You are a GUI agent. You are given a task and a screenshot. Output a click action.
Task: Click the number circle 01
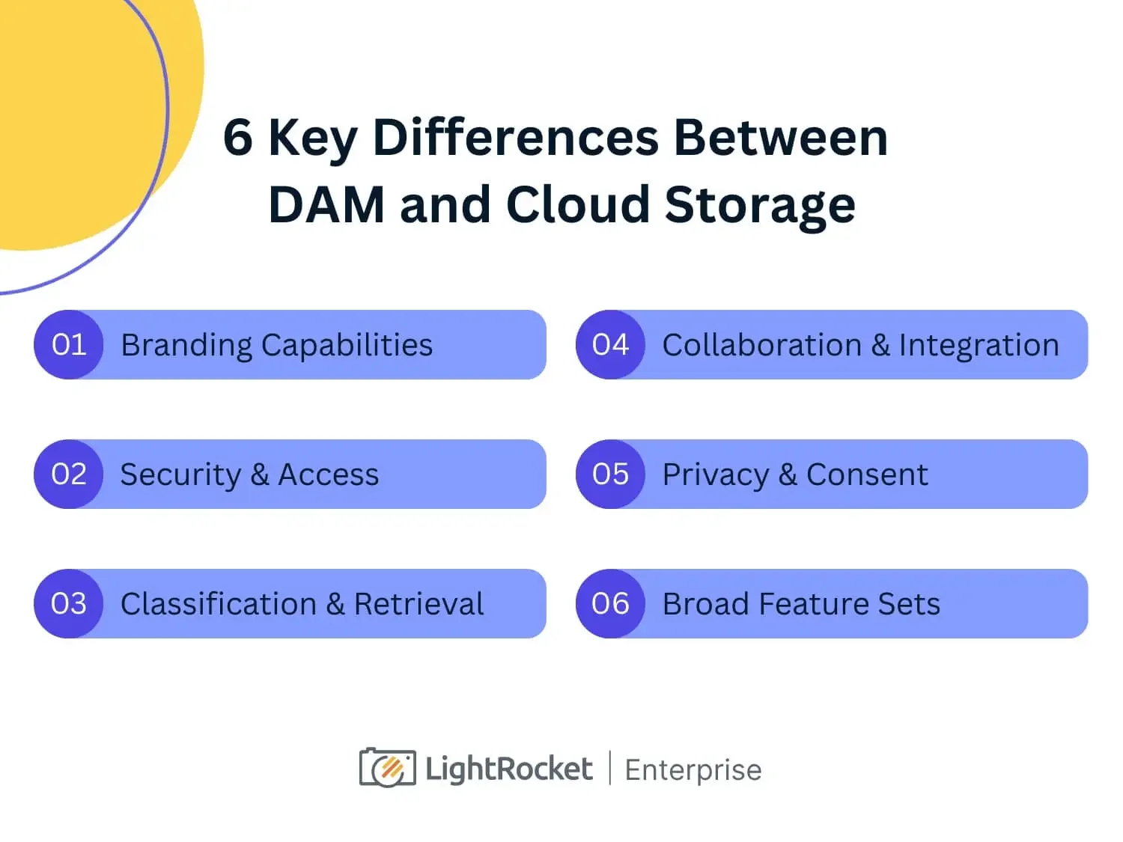68,345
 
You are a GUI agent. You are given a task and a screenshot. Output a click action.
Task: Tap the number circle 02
68,475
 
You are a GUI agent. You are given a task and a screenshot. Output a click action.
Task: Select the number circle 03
68,604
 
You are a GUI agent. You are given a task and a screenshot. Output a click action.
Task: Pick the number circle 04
610,345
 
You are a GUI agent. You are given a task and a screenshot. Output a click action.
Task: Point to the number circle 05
610,475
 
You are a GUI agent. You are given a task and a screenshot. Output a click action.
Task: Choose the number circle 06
610,604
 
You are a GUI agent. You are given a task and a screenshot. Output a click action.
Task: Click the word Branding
186,346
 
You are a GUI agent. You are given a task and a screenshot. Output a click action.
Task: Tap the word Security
180,475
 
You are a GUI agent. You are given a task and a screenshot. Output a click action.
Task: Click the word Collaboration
762,345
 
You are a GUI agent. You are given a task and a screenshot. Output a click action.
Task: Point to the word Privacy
716,475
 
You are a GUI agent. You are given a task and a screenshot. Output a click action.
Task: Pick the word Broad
706,604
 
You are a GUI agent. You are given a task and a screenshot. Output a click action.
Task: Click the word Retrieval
419,604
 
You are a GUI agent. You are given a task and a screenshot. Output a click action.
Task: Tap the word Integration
979,346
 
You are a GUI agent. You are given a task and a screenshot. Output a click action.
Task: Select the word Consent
867,475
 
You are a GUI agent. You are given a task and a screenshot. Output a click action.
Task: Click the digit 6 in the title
238,138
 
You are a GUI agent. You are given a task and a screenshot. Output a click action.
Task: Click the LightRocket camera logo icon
388,768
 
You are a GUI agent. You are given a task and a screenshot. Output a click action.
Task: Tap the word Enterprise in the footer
693,770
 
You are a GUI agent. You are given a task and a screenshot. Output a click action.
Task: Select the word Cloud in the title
577,204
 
